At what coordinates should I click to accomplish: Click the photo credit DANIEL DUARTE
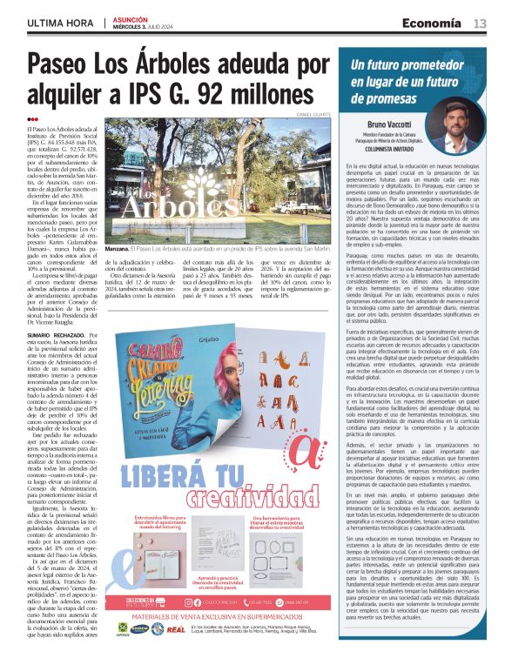(315, 114)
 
